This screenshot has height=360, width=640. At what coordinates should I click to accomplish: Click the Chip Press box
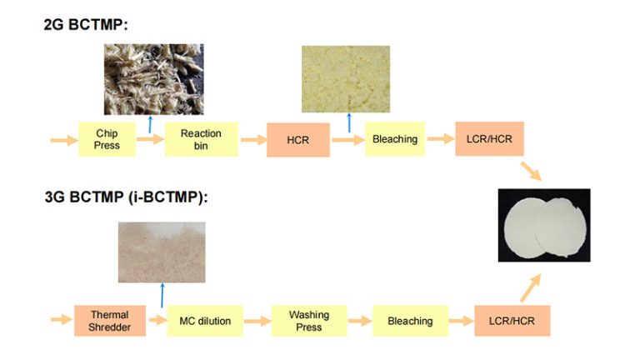pyautogui.click(x=107, y=139)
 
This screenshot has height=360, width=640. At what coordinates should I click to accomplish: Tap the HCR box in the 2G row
pyautogui.click(x=297, y=140)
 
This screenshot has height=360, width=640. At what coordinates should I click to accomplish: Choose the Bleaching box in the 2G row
pyautogui.click(x=395, y=139)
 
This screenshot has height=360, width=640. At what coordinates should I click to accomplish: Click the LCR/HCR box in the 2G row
pyautogui.click(x=490, y=138)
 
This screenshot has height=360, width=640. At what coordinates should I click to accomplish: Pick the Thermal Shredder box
pyautogui.click(x=110, y=320)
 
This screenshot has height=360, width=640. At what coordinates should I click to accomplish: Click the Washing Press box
pyautogui.click(x=308, y=321)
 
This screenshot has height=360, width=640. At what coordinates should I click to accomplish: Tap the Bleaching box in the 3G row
pyautogui.click(x=409, y=321)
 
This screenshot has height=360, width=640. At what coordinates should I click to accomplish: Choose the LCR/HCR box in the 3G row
pyautogui.click(x=512, y=320)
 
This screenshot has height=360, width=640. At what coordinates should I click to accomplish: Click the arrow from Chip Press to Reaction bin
pyautogui.click(x=150, y=140)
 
